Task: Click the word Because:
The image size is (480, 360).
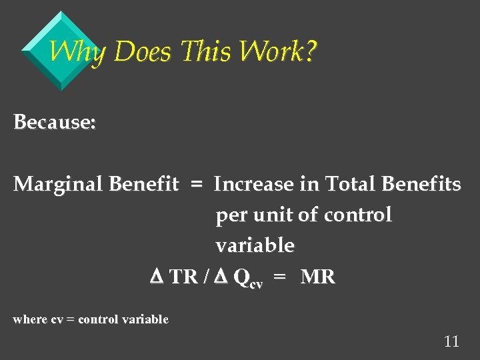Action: click(55, 122)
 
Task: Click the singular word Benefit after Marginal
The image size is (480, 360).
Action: click(147, 184)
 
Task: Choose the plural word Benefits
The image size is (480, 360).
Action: click(420, 184)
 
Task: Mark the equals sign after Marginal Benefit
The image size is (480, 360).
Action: click(196, 185)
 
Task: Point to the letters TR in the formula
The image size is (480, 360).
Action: click(183, 277)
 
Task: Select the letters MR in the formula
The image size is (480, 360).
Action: click(318, 277)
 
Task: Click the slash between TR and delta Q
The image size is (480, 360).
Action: click(205, 277)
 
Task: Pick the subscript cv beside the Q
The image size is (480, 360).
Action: click(256, 283)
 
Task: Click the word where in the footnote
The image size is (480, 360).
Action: click(30, 319)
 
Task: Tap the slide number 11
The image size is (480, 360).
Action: click(451, 342)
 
